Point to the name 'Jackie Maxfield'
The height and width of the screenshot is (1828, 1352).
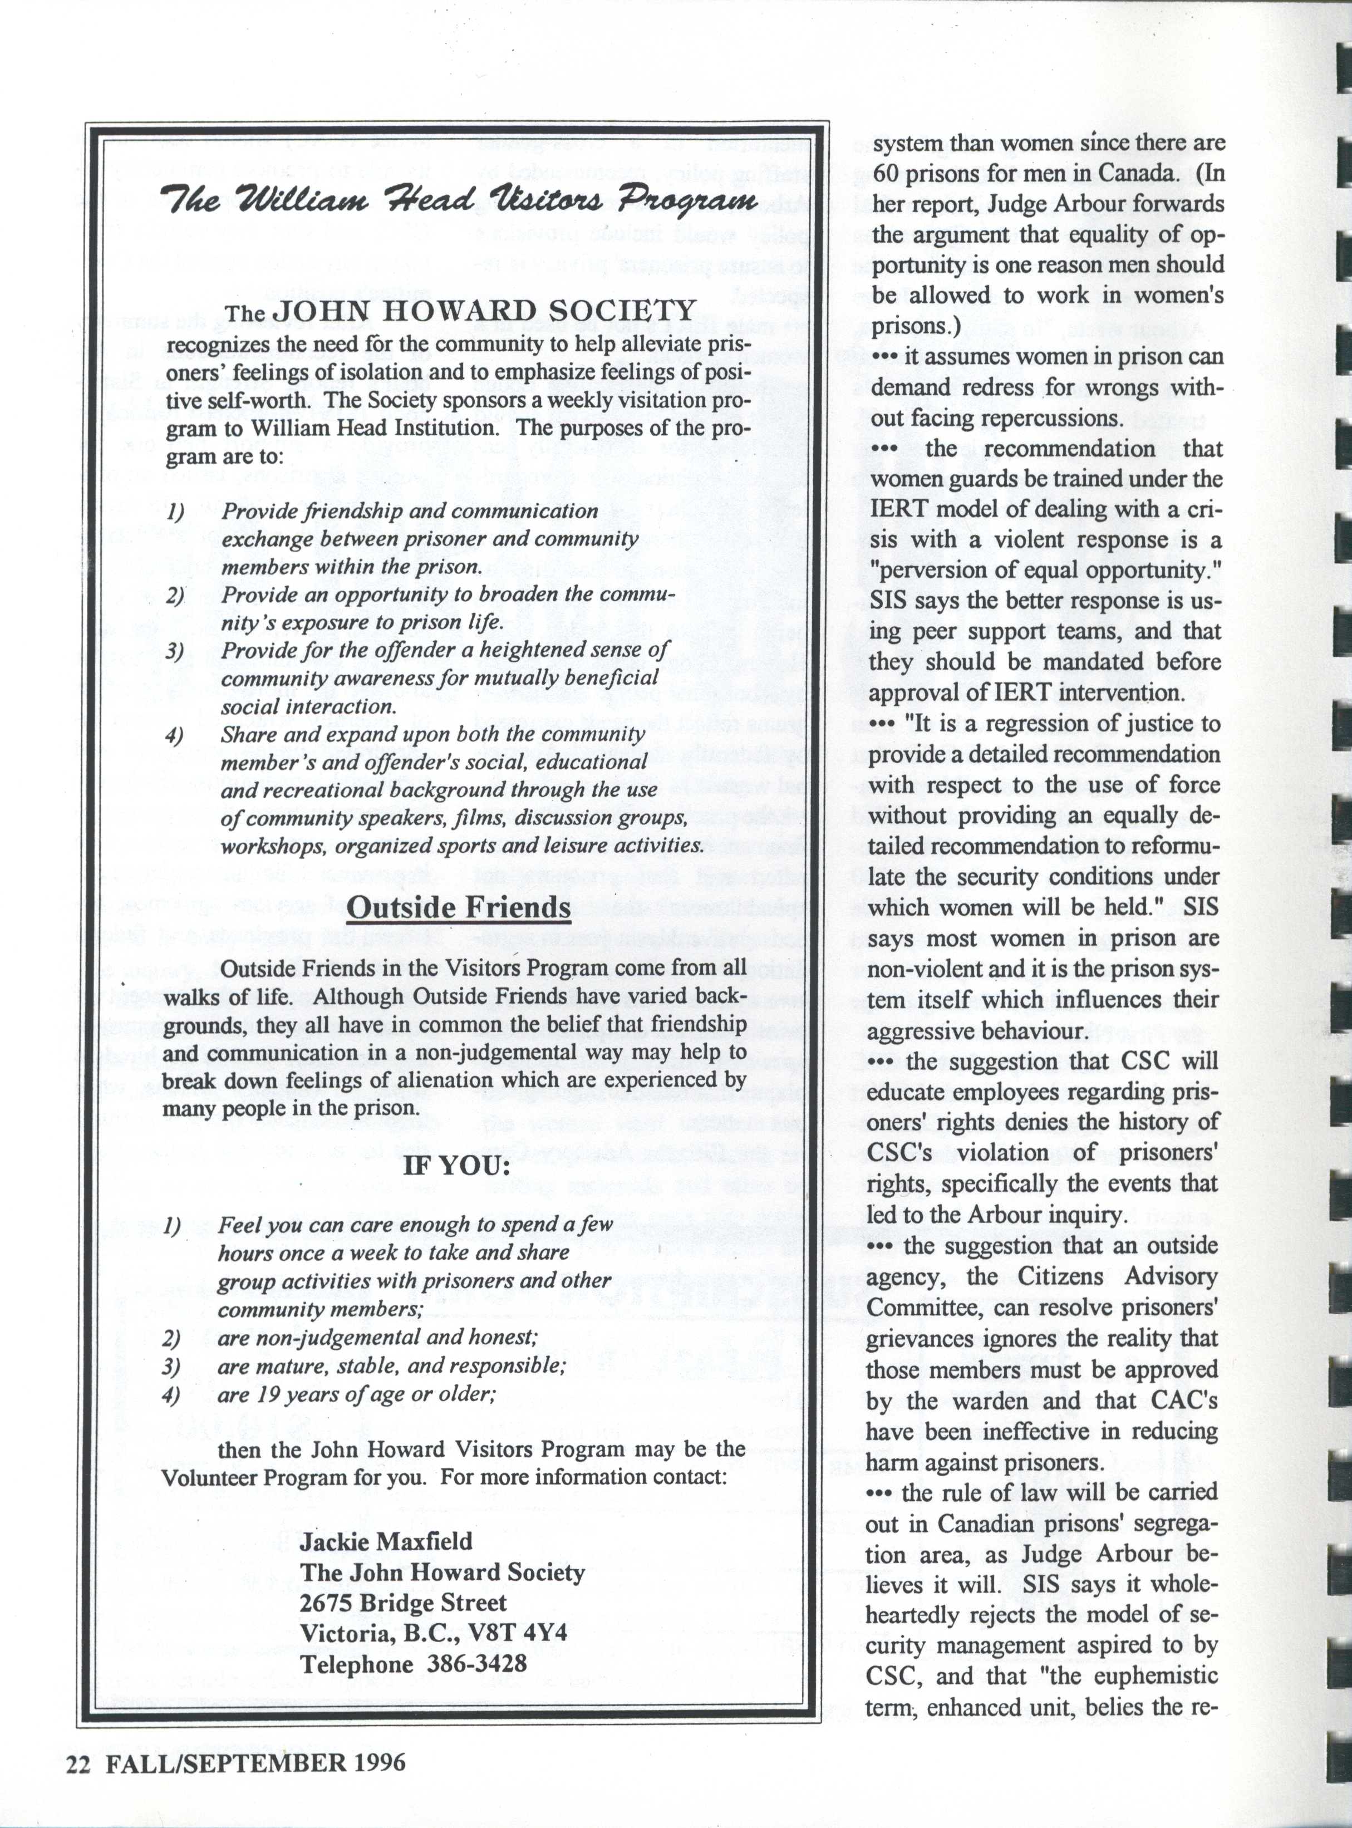click(x=386, y=1541)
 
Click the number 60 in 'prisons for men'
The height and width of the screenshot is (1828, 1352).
click(x=884, y=174)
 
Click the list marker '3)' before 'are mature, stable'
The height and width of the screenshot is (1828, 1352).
click(x=171, y=1365)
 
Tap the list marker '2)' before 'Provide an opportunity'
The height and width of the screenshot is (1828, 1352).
click(x=174, y=595)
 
